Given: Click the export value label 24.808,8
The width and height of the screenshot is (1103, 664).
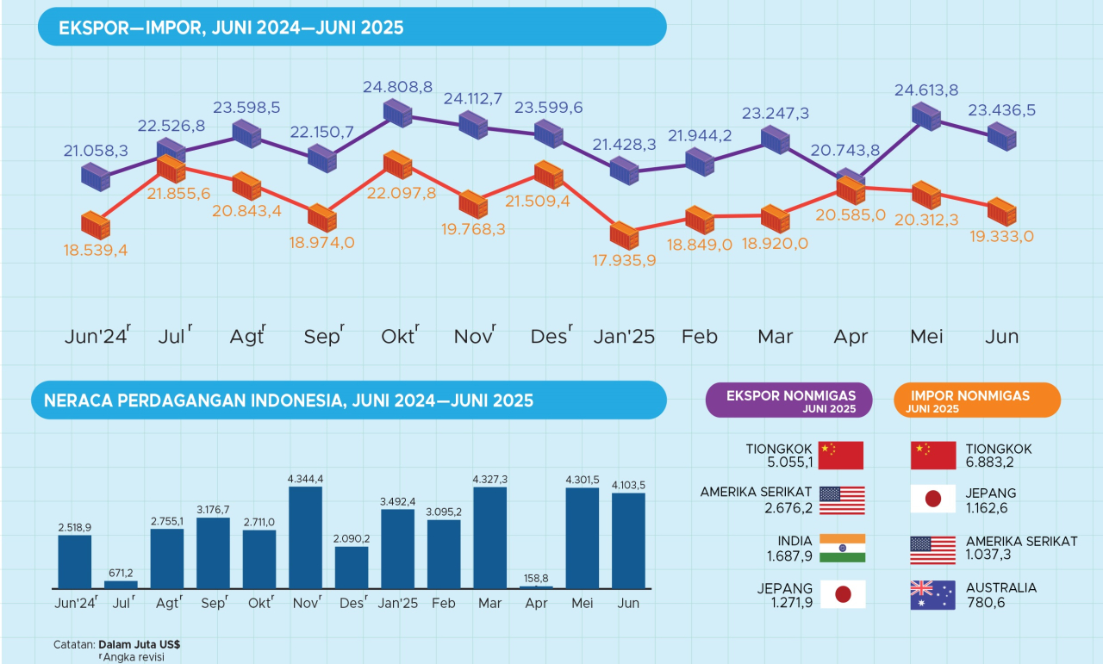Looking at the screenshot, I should (x=397, y=87).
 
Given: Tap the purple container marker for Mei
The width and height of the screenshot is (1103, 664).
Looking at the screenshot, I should (x=926, y=115).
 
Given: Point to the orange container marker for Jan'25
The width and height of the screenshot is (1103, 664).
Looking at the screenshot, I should (x=623, y=235).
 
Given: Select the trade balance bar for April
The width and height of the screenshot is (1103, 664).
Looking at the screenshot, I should (x=536, y=587).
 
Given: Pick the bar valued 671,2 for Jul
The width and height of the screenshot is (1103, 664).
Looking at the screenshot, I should (x=121, y=584).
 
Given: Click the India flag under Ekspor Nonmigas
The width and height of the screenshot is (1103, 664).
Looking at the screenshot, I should (x=842, y=549).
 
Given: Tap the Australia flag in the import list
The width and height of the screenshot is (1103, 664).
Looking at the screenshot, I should (x=932, y=595).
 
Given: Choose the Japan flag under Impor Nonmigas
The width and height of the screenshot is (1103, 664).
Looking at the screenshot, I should (x=932, y=500).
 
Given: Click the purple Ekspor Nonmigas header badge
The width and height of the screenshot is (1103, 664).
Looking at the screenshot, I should (x=788, y=400).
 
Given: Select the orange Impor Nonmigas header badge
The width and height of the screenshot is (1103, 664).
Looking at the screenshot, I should (x=977, y=400).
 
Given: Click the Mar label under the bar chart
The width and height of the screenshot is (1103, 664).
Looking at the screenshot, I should (x=489, y=604).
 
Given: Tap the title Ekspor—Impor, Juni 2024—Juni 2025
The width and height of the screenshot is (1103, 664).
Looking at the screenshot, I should (x=231, y=28).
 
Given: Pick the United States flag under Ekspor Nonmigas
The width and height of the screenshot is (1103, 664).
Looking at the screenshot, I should (x=842, y=500).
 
